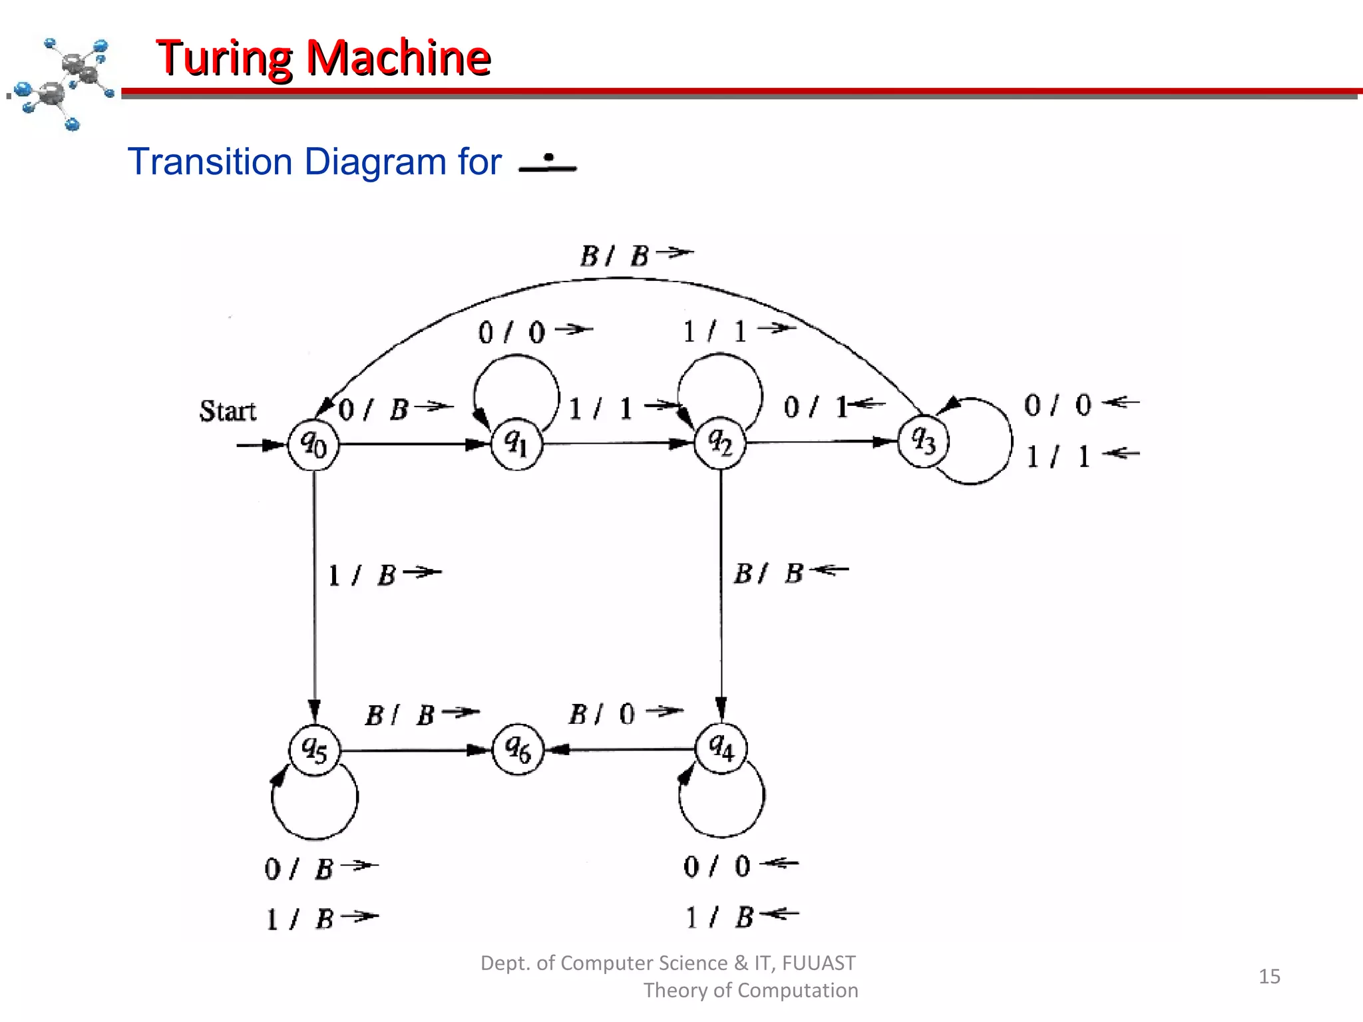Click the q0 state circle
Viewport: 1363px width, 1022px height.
[x=313, y=444]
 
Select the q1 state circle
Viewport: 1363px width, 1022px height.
[x=517, y=444]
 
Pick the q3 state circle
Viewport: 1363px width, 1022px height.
[x=923, y=441]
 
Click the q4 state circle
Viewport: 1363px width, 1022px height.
[x=721, y=748]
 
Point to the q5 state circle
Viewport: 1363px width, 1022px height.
[x=315, y=751]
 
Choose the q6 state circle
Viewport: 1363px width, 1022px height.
[x=518, y=750]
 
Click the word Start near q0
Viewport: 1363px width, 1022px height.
[x=228, y=411]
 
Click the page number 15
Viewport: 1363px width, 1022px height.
[x=1269, y=976]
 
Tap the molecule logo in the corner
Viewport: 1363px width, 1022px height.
[x=63, y=83]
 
